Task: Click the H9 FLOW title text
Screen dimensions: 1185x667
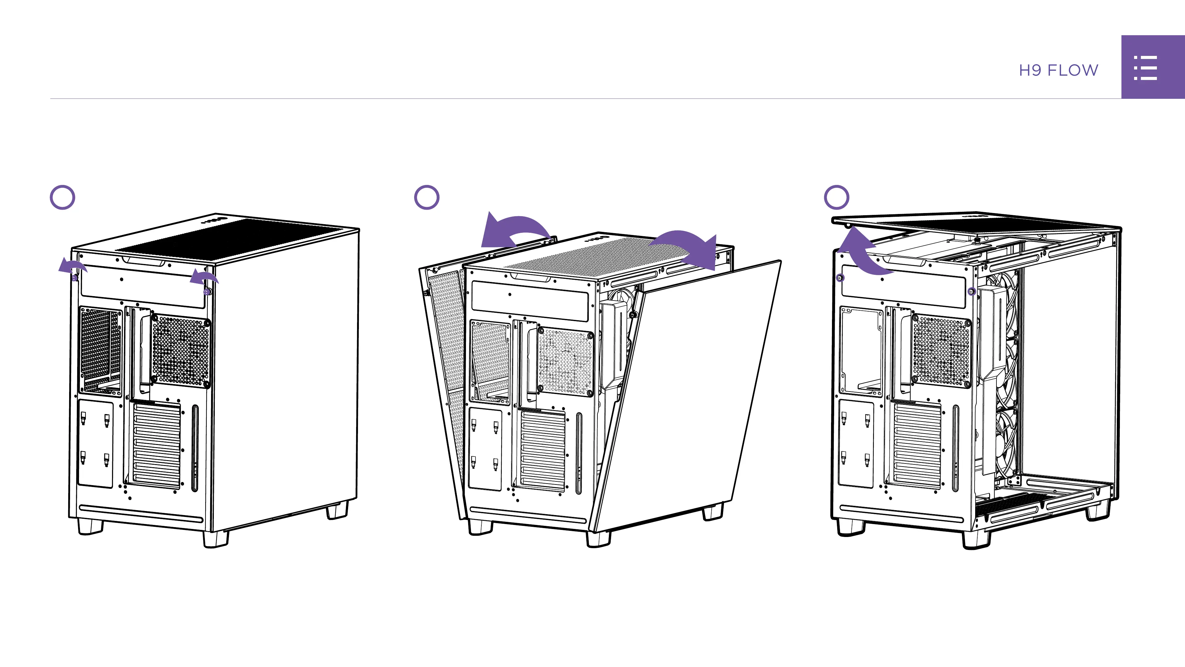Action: click(1058, 70)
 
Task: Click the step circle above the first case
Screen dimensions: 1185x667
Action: click(62, 198)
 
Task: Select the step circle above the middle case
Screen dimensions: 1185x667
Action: click(426, 198)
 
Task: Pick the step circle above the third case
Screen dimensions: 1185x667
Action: click(836, 198)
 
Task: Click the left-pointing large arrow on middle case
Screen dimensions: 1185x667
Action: click(511, 232)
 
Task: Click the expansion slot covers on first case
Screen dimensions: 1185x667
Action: click(156, 444)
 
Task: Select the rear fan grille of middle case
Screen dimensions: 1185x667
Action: click(566, 361)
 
